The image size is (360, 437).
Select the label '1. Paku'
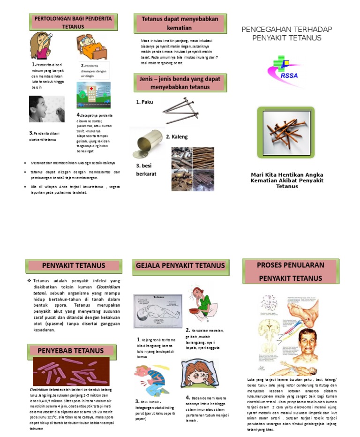pyautogui.click(x=144, y=102)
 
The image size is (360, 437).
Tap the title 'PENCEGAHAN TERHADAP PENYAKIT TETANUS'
pyautogui.click(x=286, y=34)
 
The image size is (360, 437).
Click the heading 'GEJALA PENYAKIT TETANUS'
pyautogui.click(x=180, y=265)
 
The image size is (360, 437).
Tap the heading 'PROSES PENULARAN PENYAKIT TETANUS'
pyautogui.click(x=290, y=271)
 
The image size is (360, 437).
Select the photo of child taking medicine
pyautogui.click(x=46, y=109)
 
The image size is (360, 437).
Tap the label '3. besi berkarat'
pyautogui.click(x=146, y=170)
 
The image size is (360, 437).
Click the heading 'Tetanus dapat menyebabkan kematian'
pyautogui.click(x=180, y=23)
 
